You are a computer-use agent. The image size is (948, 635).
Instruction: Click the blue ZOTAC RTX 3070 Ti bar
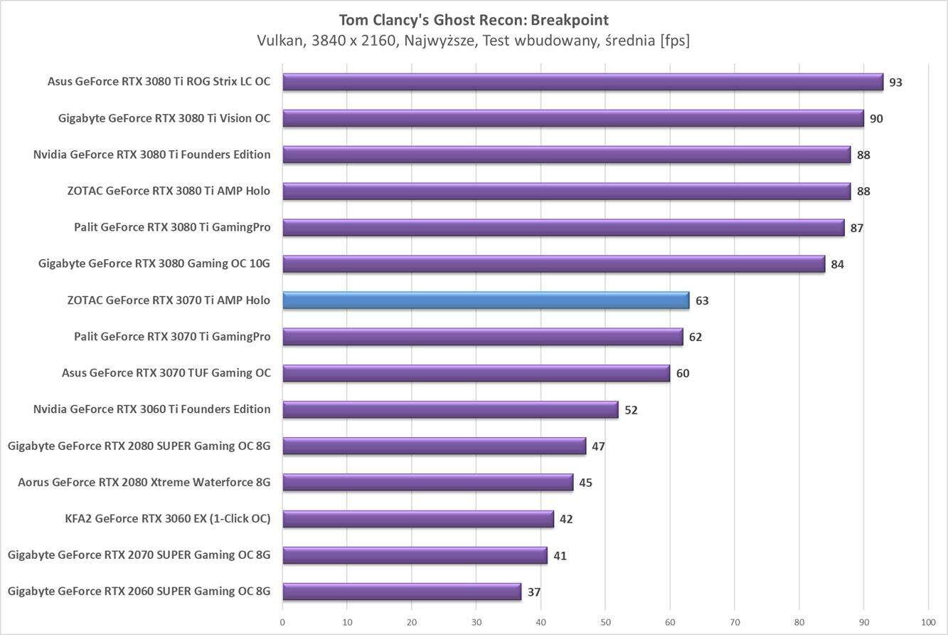click(486, 300)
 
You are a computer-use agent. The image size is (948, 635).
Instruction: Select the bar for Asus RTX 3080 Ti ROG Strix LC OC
click(582, 82)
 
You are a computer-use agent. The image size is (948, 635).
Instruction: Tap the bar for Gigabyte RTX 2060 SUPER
click(402, 592)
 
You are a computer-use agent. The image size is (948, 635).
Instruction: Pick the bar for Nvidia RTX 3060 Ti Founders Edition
click(450, 409)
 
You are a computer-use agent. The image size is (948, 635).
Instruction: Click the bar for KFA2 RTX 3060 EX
click(418, 519)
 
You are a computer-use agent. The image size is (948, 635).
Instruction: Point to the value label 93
click(895, 83)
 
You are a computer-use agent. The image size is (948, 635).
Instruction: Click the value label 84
click(837, 265)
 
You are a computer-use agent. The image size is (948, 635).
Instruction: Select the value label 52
click(631, 410)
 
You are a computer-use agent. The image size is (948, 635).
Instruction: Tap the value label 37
click(534, 592)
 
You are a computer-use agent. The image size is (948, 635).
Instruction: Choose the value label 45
click(585, 483)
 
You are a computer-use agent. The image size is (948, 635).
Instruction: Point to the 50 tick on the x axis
click(605, 621)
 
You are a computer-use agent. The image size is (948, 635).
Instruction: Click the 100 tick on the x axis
click(927, 621)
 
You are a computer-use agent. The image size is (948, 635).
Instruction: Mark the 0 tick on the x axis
click(282, 621)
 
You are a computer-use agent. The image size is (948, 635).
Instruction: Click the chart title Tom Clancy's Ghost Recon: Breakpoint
click(474, 20)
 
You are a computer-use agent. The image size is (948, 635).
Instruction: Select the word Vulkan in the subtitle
click(279, 41)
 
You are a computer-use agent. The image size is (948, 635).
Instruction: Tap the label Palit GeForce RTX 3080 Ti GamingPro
click(172, 228)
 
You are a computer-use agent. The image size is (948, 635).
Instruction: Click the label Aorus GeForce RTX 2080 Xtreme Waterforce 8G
click(144, 483)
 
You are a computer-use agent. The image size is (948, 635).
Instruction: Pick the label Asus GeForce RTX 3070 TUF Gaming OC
click(166, 373)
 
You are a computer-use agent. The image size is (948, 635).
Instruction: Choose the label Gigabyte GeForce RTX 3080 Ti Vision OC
click(164, 118)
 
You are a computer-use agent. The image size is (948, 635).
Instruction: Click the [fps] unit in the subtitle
click(674, 41)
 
